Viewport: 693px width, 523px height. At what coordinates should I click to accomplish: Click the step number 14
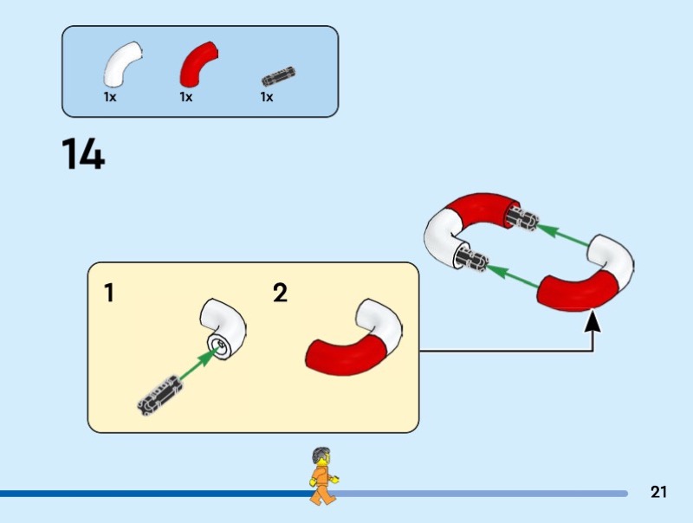coord(83,154)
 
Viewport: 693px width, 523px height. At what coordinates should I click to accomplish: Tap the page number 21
coord(658,493)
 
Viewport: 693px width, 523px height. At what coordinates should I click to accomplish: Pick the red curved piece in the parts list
coord(198,65)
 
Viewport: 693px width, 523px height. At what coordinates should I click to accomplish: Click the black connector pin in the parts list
coord(278,75)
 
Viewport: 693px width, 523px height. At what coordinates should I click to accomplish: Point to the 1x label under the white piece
coord(110,98)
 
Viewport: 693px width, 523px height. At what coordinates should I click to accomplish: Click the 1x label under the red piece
coord(186,98)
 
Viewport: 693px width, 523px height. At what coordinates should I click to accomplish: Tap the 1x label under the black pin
coord(267,98)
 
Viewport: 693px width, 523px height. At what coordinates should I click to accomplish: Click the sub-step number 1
coord(109,294)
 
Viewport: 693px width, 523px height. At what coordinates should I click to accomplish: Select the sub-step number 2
coord(280,294)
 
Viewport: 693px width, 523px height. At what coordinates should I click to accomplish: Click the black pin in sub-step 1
coord(159,392)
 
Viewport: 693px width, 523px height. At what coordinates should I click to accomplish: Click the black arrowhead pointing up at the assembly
coord(593,322)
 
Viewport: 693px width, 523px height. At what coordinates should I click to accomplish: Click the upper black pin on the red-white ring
coord(524,218)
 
